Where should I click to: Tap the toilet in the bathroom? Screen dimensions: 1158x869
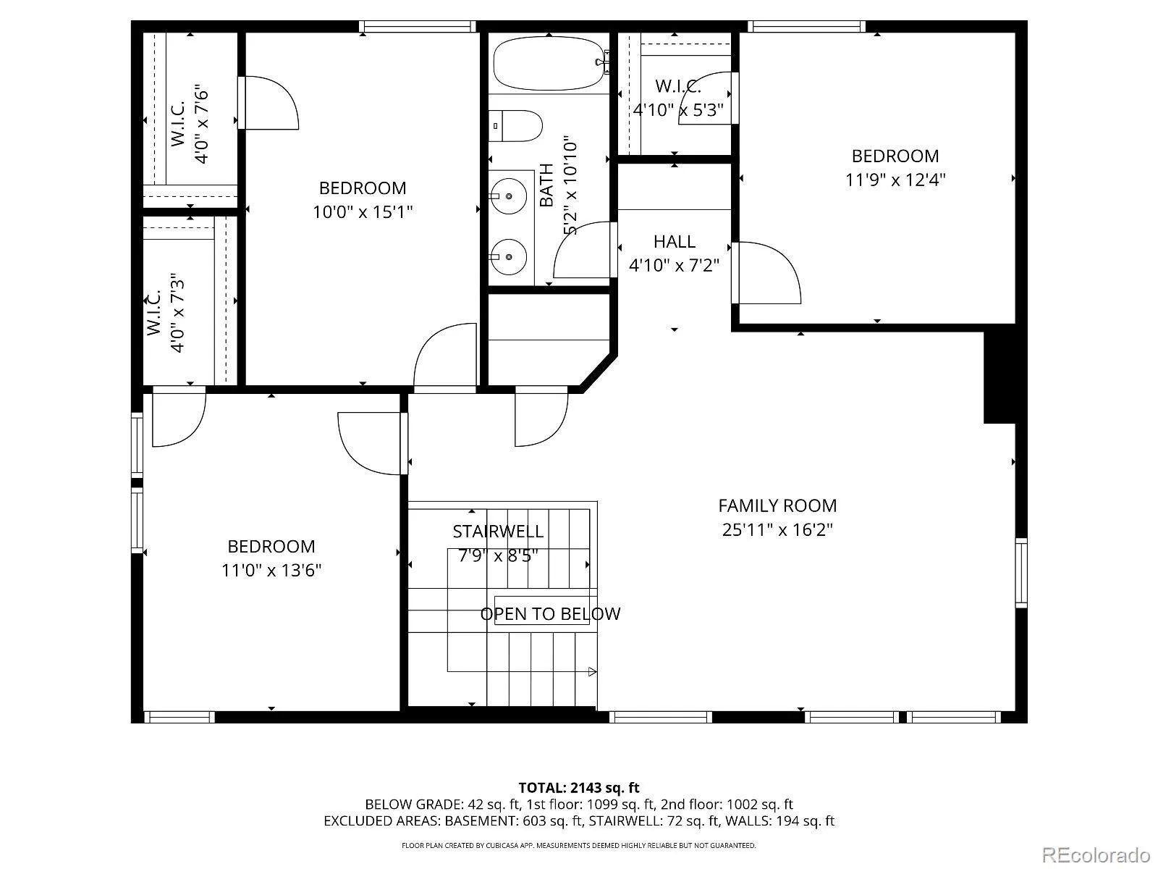coord(515,126)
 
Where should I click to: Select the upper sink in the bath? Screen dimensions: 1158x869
coord(508,196)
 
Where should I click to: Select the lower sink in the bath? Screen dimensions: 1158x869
coord(508,257)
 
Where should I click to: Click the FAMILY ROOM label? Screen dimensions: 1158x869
coord(777,506)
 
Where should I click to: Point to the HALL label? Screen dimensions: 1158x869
coord(675,242)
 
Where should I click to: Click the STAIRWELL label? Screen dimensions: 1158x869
coord(498,532)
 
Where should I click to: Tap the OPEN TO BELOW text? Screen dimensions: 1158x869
coord(550,613)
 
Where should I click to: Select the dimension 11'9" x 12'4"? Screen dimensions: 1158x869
coord(895,180)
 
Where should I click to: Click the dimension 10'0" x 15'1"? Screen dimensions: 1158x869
coord(363,212)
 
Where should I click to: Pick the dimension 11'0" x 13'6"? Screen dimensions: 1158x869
coord(271,571)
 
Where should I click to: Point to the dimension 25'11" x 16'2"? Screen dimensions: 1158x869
coord(777,530)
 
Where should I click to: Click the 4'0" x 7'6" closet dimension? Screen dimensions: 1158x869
coord(201,124)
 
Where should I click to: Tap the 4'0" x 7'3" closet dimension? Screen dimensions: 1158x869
coord(177,313)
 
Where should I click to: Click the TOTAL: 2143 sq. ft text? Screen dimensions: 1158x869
coord(579,789)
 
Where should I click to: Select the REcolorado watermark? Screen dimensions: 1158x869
coord(1096,855)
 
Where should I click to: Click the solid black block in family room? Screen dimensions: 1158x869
coord(999,377)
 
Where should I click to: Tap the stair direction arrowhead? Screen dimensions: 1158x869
coord(593,672)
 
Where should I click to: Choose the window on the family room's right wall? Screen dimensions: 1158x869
coord(1021,573)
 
